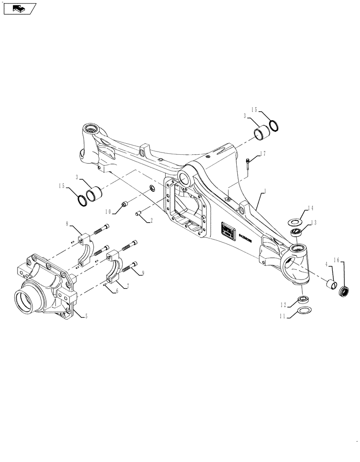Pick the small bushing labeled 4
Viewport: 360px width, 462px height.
pyautogui.click(x=330, y=282)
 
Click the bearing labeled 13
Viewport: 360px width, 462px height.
pyautogui.click(x=296, y=231)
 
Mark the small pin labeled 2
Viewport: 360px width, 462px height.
pyautogui.click(x=138, y=213)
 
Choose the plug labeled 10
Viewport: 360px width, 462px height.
pyautogui.click(x=124, y=204)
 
